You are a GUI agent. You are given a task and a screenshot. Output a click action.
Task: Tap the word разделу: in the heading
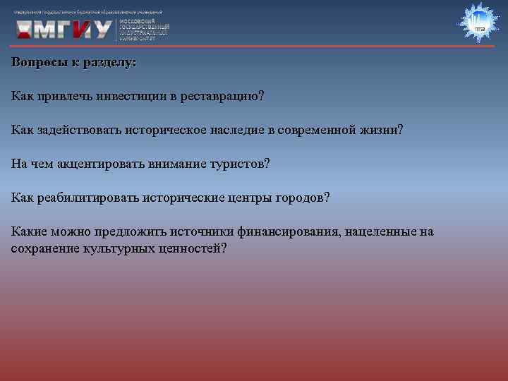pyautogui.click(x=110, y=62)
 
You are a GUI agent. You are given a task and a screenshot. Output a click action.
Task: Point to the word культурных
pyautogui.click(x=116, y=249)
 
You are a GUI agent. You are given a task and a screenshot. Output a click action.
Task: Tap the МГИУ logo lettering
pyautogui.click(x=64, y=28)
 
